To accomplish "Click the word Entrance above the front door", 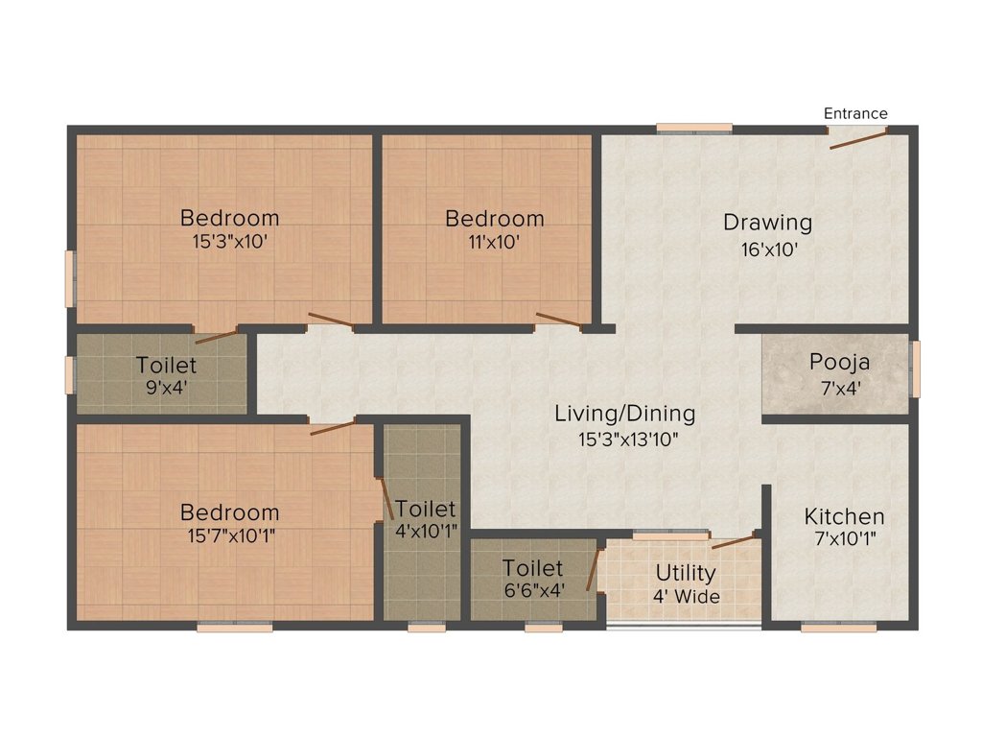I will [x=855, y=113].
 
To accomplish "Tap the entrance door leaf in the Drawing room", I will [x=858, y=140].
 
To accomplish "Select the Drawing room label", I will [x=767, y=223].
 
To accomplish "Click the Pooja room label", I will [x=839, y=362].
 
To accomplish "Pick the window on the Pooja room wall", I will [x=915, y=368].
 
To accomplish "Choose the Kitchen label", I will [x=844, y=515].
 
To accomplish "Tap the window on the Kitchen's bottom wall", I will [x=838, y=628].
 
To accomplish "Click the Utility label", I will [x=685, y=573].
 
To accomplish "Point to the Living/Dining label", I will [x=624, y=414].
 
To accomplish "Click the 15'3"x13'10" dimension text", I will [x=624, y=440].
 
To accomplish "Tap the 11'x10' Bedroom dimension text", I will [x=494, y=243].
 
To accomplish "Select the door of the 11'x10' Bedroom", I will [x=558, y=320].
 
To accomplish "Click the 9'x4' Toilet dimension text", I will [x=166, y=389].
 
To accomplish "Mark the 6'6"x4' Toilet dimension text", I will [x=532, y=591].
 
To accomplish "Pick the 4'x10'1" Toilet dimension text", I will [x=426, y=530].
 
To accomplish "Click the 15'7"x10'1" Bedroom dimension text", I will [x=230, y=535].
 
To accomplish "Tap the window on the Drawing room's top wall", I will [x=694, y=127].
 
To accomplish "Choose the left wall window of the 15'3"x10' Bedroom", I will [x=69, y=278].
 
